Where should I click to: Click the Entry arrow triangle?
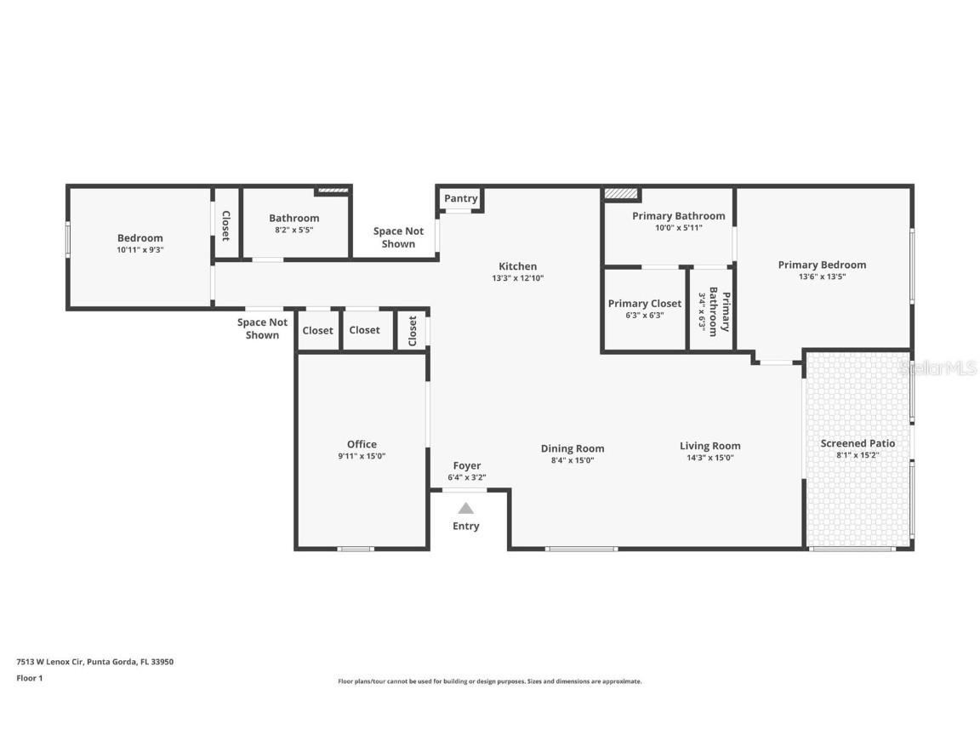465,508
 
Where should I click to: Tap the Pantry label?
461,198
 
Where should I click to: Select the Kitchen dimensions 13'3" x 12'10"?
517,278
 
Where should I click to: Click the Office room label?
362,444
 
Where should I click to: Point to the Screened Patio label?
857,443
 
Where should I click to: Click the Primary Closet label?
644,304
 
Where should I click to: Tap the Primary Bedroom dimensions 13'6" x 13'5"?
822,276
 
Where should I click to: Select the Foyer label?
466,465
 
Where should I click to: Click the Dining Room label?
573,448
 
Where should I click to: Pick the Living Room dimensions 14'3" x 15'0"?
709,458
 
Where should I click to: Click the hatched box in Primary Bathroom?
621,194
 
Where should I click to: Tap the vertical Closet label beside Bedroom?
226,225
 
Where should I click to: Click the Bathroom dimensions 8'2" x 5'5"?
293,230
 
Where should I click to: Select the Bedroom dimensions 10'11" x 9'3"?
140,250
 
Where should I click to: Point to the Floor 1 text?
29,678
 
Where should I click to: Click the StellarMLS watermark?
938,367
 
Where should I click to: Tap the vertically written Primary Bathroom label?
719,311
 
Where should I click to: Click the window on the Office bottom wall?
356,549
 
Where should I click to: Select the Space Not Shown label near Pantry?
398,237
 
